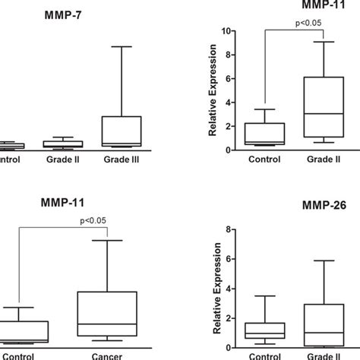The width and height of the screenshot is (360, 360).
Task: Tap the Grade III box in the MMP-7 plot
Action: pos(122,131)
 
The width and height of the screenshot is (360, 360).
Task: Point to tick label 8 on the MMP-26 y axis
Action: pos(226,227)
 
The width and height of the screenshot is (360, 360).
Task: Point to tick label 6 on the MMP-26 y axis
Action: pos(226,258)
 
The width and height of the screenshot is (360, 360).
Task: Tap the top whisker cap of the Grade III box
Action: pos(122,46)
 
